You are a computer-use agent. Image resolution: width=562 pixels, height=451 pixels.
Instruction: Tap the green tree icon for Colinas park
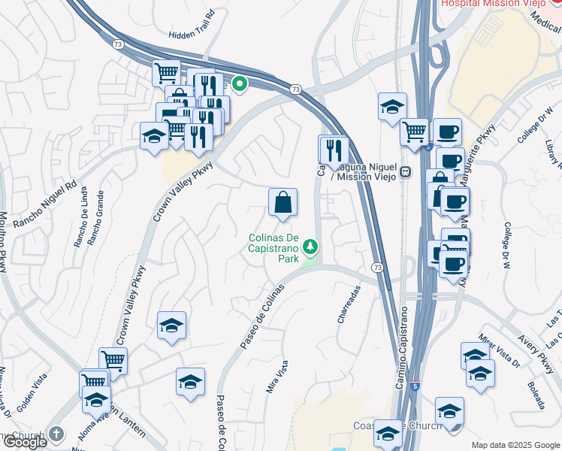coord(310,247)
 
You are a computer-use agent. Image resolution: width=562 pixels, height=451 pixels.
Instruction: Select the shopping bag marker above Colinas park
coord(283,202)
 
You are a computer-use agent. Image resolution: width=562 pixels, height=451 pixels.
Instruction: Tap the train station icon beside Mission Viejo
coord(406,171)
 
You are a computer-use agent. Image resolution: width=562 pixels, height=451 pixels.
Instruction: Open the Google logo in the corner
coord(25,442)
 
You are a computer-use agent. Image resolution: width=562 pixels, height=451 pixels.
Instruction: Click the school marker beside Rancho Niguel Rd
coord(154,136)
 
